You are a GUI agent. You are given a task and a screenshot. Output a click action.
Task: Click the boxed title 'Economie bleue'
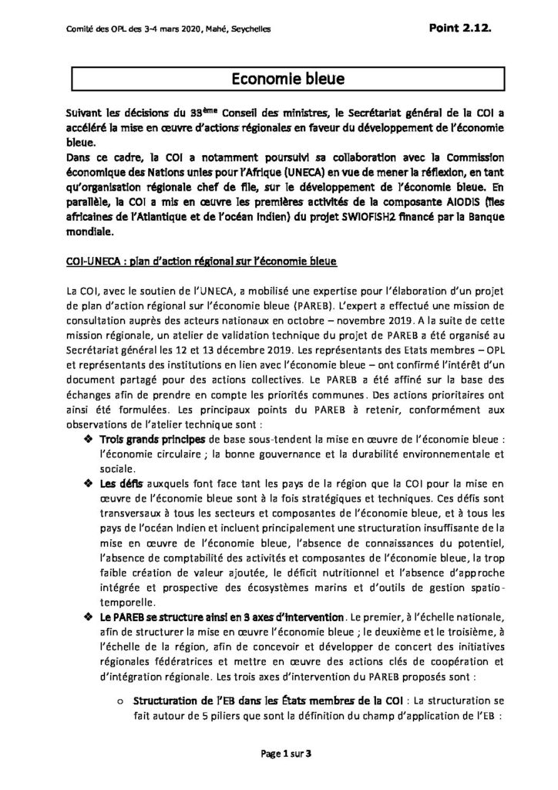point(278,79)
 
